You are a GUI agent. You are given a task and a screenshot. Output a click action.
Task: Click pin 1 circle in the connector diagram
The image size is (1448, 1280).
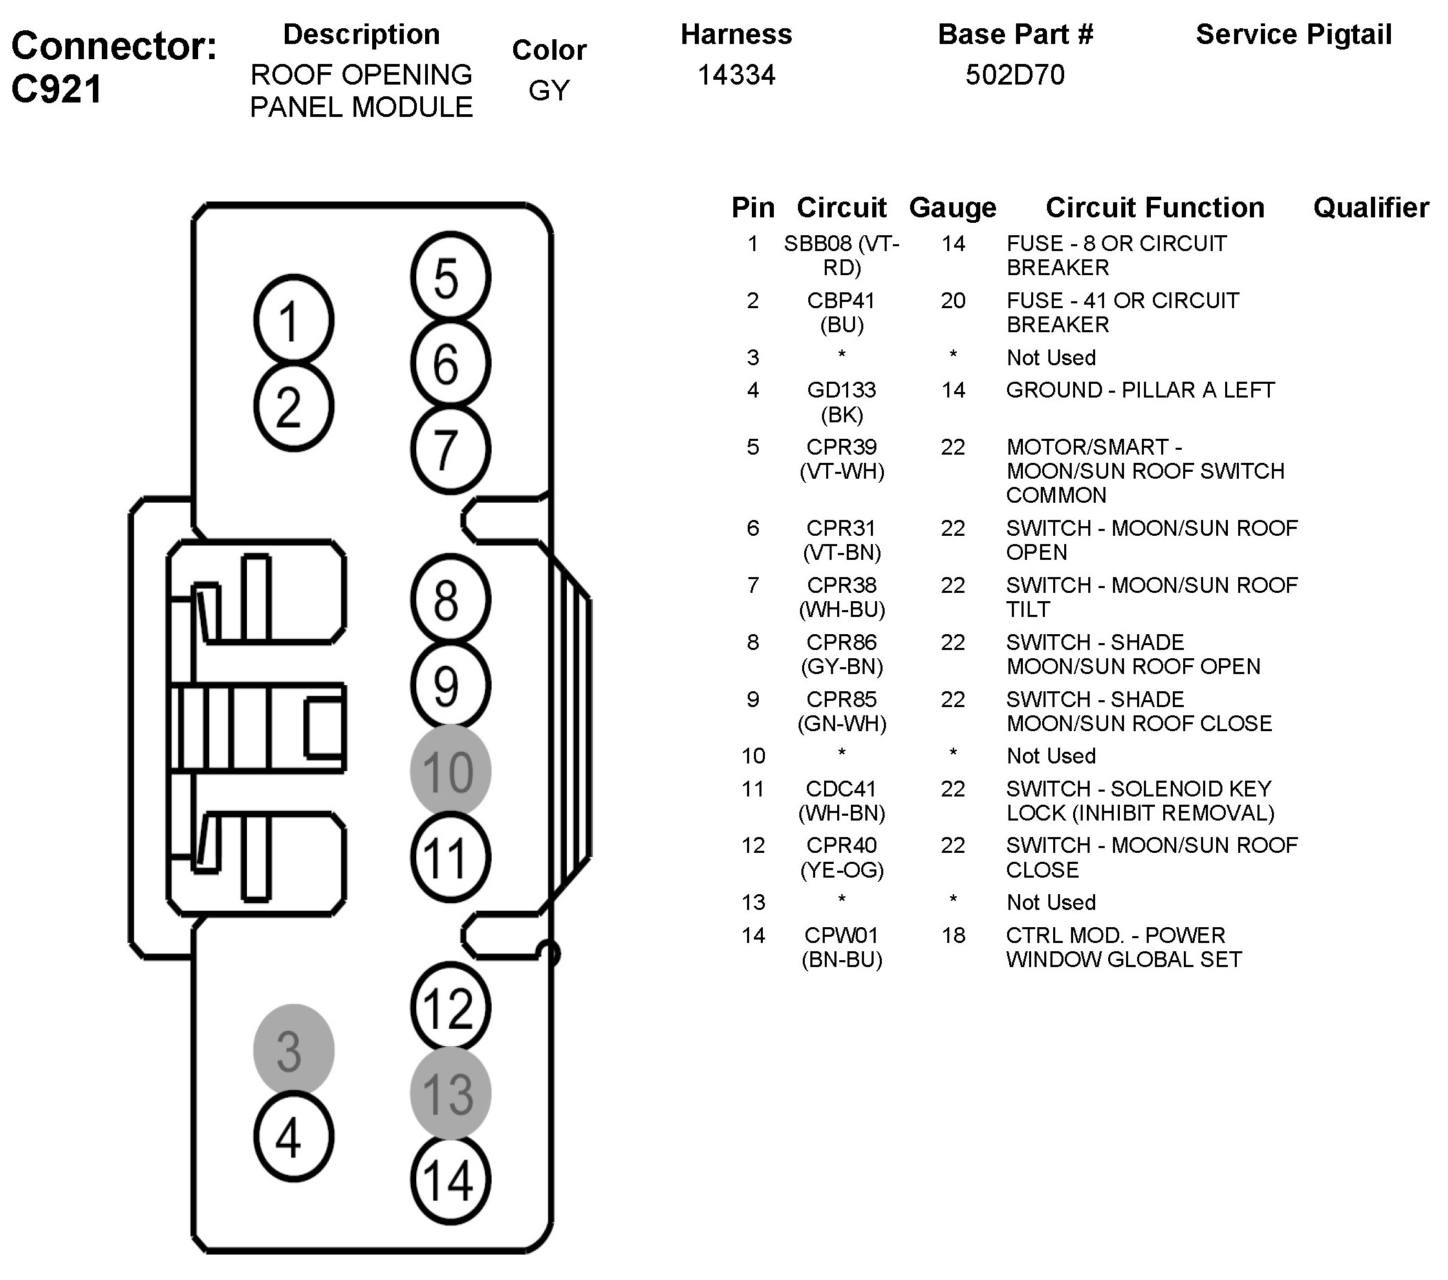point(293,321)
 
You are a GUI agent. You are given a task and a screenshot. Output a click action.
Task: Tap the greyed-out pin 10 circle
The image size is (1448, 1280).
point(451,771)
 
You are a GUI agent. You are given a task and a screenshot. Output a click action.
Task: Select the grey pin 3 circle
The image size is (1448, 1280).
point(293,1050)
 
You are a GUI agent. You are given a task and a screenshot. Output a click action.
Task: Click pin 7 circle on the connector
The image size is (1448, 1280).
point(451,449)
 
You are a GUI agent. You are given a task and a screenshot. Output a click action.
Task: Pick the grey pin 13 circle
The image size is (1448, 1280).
point(451,1094)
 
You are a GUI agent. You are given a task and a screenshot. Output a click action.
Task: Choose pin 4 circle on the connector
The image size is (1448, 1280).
point(293,1137)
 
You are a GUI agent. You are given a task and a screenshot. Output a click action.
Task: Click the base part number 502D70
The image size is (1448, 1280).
point(1015,75)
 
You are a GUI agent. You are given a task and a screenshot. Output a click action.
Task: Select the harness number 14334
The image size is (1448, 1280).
point(736,75)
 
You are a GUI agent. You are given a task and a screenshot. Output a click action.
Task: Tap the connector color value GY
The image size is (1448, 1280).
point(549,91)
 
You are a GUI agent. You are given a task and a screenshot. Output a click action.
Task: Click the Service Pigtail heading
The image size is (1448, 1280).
point(1293,34)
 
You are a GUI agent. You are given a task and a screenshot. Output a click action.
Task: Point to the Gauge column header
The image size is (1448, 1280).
point(953,208)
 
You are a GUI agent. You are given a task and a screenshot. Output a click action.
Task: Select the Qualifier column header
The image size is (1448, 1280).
point(1371,208)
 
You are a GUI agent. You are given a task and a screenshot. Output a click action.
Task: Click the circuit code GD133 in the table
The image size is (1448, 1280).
point(841,390)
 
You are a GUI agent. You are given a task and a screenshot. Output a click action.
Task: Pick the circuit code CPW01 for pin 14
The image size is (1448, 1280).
point(841,935)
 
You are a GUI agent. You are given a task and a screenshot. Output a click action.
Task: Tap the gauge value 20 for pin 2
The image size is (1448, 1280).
point(953,301)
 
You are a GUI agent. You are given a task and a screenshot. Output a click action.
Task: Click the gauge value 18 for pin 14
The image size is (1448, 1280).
point(953,935)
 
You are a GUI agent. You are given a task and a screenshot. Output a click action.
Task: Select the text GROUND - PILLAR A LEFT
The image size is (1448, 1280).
point(1140,390)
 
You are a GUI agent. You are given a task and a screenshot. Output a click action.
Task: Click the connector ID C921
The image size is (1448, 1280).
point(56,90)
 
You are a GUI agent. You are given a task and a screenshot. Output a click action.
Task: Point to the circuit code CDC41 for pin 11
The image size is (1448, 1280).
point(841,788)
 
